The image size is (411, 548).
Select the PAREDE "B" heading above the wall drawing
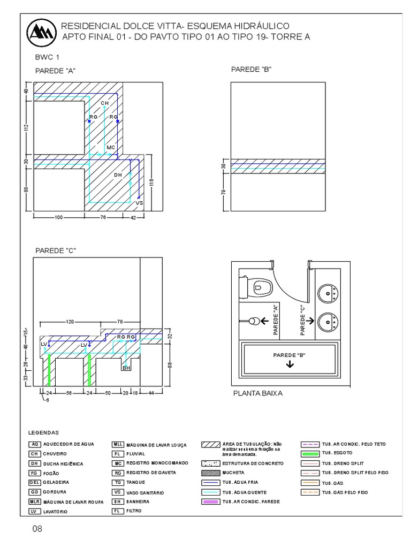247,70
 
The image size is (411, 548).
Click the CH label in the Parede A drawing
104,102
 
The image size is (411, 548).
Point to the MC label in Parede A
111,147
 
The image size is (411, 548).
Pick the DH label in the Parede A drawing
118,175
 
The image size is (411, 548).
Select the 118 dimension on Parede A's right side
153,182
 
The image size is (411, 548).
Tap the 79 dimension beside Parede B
224,192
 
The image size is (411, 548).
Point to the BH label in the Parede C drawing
126,368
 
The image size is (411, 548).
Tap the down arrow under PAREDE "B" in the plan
290,364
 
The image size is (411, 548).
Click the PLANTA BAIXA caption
257,393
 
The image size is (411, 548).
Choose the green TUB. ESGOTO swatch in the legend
310,453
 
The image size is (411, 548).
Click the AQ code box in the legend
35,444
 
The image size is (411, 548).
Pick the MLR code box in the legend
35,501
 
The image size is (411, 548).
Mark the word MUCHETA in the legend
234,473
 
